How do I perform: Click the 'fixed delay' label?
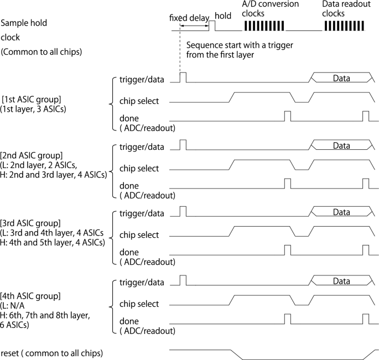pyautogui.click(x=188, y=17)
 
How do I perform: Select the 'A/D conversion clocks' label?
pyautogui.click(x=271, y=8)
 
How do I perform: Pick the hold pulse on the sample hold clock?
pyautogui.click(x=211, y=25)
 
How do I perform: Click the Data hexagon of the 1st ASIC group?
pyautogui.click(x=341, y=79)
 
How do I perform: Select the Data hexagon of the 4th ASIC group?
pyautogui.click(x=341, y=281)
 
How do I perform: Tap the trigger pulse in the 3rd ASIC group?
pyautogui.click(x=184, y=211)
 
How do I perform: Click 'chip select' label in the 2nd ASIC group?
pyautogui.click(x=139, y=168)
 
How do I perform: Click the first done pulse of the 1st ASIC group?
pyautogui.click(x=287, y=116)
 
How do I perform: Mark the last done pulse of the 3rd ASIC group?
pyautogui.click(x=365, y=251)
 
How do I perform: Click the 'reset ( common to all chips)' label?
pyautogui.click(x=53, y=352)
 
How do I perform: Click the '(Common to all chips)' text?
pyautogui.click(x=41, y=52)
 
